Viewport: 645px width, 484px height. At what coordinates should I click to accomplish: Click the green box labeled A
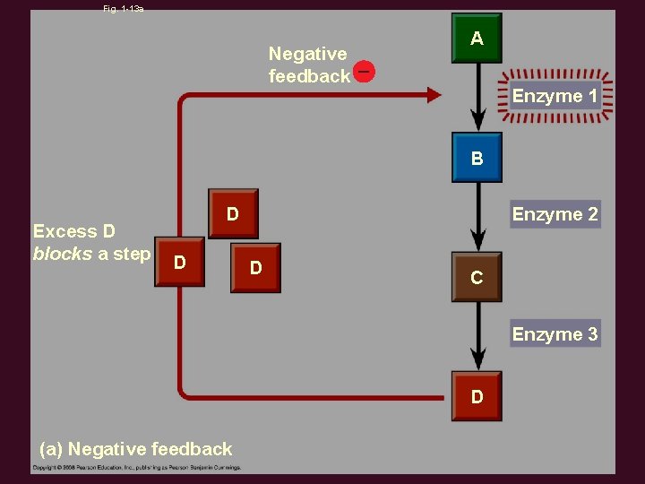click(477, 39)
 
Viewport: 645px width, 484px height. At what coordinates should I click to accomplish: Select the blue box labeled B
click(477, 159)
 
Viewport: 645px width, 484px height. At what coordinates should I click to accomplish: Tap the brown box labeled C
click(477, 278)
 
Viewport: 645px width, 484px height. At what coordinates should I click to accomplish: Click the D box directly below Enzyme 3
click(477, 396)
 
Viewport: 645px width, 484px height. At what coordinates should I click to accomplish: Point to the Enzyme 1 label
click(555, 96)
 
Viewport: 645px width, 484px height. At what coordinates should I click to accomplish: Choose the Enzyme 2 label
click(555, 214)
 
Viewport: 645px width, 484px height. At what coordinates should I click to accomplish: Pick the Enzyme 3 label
click(555, 334)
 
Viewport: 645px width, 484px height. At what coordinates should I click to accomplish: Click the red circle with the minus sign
click(364, 71)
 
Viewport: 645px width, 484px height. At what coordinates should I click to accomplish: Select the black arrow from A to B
click(478, 99)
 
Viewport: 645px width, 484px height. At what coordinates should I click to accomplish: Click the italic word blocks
click(63, 254)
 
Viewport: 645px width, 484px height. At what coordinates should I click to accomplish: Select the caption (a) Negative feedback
click(135, 449)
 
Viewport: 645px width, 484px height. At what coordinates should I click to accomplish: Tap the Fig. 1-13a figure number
click(124, 8)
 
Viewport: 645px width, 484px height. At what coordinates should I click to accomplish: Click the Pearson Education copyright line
click(137, 468)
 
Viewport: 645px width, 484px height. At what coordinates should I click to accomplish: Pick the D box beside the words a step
click(180, 263)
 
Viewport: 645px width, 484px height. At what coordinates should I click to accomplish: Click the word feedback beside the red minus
click(309, 76)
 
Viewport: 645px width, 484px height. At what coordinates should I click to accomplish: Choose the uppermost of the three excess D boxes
click(233, 214)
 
